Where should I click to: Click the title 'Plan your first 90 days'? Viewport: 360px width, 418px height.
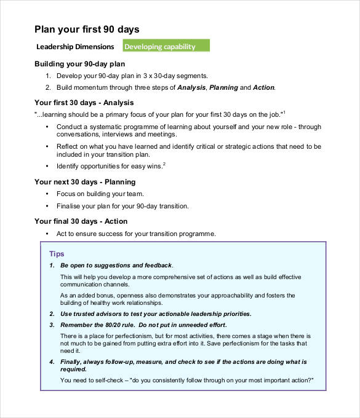87,29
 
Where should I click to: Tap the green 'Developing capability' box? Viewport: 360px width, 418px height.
166,46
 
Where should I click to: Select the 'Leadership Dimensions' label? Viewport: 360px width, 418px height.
75,47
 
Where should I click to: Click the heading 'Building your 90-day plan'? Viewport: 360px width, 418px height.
79,64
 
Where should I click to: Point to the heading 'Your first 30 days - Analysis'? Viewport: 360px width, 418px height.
84,103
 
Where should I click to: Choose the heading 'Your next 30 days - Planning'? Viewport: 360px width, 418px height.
85,182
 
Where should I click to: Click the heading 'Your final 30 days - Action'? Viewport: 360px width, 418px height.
81,221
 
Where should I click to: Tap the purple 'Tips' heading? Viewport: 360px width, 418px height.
57,254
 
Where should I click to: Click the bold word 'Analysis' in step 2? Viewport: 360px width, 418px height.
191,88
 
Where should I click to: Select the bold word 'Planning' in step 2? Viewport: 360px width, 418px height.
223,88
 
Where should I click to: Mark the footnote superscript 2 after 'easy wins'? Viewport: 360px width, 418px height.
164,164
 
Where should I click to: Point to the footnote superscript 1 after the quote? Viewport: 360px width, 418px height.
285,111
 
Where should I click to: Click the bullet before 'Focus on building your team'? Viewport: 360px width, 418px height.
48,194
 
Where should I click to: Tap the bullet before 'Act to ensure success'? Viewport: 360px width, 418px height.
48,234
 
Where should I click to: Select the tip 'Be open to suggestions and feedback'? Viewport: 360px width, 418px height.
116,266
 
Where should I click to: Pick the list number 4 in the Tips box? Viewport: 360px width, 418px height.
52,362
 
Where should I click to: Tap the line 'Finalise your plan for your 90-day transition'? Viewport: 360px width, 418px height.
122,206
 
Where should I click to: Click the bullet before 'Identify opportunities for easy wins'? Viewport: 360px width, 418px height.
48,167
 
